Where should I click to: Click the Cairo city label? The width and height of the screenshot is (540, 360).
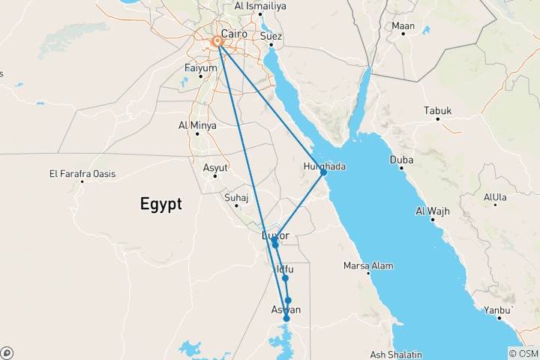(235, 33)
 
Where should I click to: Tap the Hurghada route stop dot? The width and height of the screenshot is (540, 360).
(323, 172)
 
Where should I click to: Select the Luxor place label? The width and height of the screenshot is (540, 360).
(274, 235)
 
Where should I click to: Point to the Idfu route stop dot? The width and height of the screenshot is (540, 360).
(285, 278)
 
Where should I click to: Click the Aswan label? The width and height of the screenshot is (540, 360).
(285, 309)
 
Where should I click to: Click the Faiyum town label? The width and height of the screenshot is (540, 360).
(200, 68)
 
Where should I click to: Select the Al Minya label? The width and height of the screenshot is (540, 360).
(197, 125)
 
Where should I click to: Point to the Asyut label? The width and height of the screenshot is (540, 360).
(215, 166)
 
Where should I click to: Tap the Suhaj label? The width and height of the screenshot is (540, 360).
(235, 198)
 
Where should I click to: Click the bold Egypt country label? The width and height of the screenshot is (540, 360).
(160, 203)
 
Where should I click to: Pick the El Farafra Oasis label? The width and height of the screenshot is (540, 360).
(82, 174)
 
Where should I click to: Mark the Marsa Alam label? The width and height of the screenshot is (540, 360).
(368, 265)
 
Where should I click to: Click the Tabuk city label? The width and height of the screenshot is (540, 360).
(438, 111)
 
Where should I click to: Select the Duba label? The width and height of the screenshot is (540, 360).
(401, 160)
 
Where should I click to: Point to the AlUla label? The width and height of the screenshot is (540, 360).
(495, 198)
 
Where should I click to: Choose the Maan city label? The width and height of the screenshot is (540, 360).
(403, 26)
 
